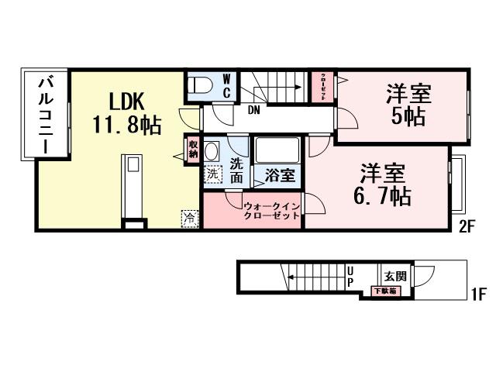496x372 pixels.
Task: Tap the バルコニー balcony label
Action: click(46, 114)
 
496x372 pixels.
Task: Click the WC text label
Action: click(227, 86)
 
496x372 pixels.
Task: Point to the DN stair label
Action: click(253, 110)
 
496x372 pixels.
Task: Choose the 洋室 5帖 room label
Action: click(408, 106)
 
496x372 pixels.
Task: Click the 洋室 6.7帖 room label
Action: click(382, 184)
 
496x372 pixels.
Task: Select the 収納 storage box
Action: click(191, 148)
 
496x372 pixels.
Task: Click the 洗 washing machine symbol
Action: click(212, 174)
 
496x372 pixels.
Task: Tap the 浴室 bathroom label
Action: click(280, 175)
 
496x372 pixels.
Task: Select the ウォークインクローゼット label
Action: click(271, 212)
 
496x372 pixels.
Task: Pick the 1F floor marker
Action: click(478, 294)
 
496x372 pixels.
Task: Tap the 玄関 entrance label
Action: click(394, 275)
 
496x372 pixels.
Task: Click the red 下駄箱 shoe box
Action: click(385, 291)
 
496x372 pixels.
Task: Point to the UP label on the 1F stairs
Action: click(350, 277)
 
